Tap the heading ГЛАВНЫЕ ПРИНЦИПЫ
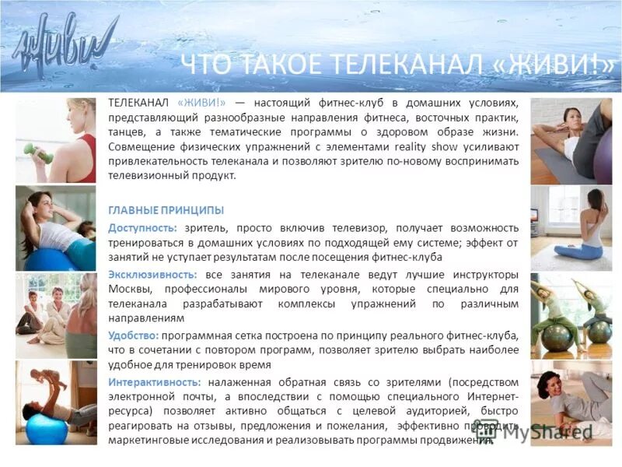166,210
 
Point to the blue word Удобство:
134,335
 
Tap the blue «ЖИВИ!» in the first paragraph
201,103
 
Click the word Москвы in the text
129,290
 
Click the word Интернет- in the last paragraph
492,396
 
